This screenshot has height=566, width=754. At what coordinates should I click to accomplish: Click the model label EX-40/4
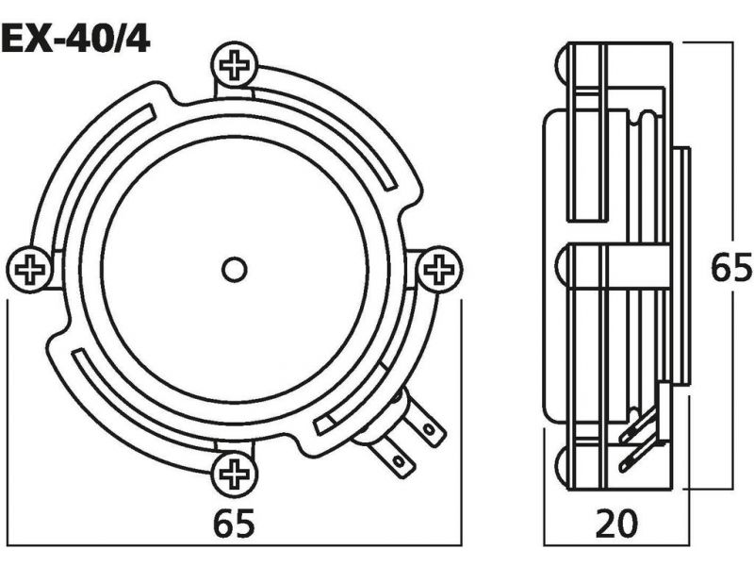[x=75, y=41]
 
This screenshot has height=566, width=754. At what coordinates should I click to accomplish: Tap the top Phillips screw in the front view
[x=235, y=65]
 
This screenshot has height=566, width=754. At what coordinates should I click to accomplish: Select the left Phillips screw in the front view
[x=30, y=270]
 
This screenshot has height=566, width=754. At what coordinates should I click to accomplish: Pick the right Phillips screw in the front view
[x=439, y=270]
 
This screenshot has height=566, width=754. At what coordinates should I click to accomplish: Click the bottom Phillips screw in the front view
[x=235, y=474]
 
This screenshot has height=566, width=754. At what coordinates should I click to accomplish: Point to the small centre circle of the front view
[x=235, y=270]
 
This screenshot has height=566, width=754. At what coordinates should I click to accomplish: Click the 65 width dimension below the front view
[x=234, y=524]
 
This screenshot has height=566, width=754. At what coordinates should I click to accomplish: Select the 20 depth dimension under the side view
[x=616, y=524]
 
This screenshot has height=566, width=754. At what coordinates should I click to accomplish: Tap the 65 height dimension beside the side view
[x=731, y=268]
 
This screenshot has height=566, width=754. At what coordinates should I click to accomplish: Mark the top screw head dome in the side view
[x=563, y=65]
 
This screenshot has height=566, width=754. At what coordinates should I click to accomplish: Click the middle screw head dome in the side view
[x=563, y=268]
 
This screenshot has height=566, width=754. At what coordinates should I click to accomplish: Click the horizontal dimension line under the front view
[x=235, y=546]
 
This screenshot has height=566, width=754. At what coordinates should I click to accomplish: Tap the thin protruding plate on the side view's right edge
[x=682, y=266]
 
